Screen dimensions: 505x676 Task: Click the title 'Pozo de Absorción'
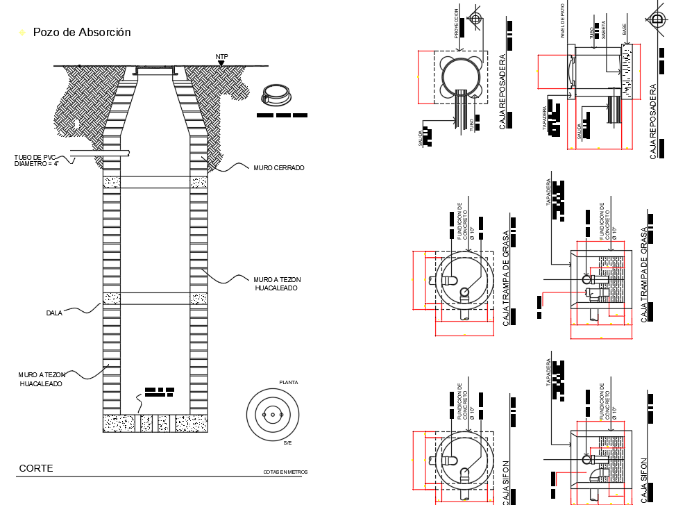tap(81, 32)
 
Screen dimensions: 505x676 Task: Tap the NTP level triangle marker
tap(221, 63)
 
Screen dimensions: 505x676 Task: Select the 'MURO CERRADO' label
tap(279, 168)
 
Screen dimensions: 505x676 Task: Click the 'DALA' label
tap(54, 313)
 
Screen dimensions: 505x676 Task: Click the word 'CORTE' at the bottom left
tap(36, 468)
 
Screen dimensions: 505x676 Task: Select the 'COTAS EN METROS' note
tap(285, 472)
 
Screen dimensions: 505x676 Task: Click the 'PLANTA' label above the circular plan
tap(288, 383)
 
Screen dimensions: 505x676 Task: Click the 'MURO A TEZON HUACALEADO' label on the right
tap(278, 283)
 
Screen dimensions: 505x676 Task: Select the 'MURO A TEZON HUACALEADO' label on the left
tap(40, 379)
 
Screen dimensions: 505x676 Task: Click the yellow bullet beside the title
tap(22, 33)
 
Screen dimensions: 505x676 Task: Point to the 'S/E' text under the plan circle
tap(288, 442)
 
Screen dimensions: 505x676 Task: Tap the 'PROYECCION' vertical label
tap(457, 23)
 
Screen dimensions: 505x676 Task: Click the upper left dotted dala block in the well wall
tap(112, 182)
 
